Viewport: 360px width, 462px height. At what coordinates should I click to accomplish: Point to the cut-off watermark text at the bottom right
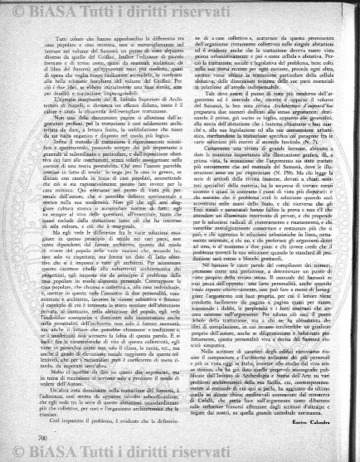348,455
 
